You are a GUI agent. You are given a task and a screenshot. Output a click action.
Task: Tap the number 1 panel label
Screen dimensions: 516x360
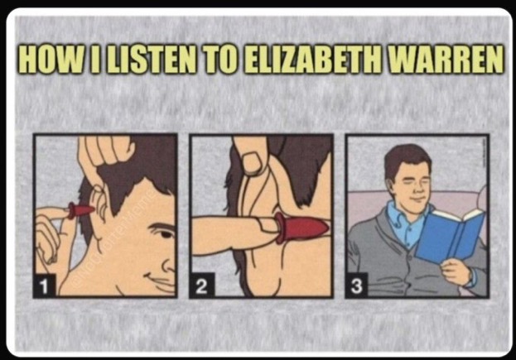pyautogui.click(x=44, y=286)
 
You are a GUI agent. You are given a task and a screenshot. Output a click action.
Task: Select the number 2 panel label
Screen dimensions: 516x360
pyautogui.click(x=201, y=286)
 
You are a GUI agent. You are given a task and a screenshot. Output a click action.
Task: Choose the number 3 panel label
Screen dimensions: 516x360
pyautogui.click(x=356, y=286)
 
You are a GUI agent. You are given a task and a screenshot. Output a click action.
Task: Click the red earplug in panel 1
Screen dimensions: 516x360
pyautogui.click(x=80, y=210)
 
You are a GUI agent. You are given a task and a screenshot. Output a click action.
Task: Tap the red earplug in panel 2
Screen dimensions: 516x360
pyautogui.click(x=301, y=228)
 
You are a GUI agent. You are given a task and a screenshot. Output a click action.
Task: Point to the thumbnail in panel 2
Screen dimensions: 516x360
pyautogui.click(x=253, y=162)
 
